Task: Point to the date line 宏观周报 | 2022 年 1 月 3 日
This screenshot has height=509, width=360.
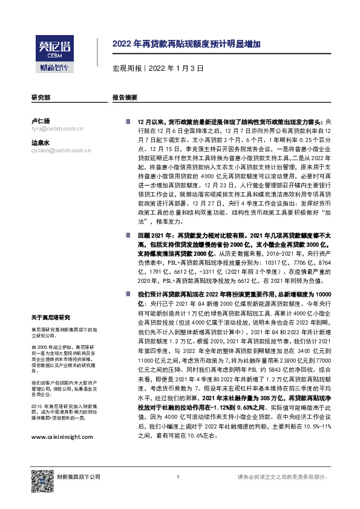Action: click(149, 68)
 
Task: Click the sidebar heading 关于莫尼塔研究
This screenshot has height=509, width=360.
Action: click(51, 317)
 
